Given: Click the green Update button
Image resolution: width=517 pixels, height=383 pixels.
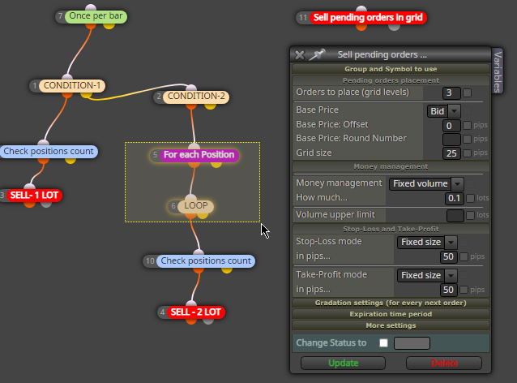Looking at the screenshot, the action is pyautogui.click(x=343, y=363).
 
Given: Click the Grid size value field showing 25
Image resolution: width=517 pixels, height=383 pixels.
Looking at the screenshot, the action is pyautogui.click(x=451, y=153).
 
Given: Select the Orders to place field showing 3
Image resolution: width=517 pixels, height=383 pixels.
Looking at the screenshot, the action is pyautogui.click(x=451, y=93).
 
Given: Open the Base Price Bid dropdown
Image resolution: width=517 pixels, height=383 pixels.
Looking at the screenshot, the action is pyautogui.click(x=443, y=111).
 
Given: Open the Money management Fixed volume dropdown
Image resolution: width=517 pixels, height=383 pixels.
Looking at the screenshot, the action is pyautogui.click(x=426, y=183).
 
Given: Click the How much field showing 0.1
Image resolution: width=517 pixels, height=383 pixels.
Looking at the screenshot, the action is pyautogui.click(x=455, y=198).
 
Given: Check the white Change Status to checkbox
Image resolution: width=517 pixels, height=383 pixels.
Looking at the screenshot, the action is pyautogui.click(x=383, y=343).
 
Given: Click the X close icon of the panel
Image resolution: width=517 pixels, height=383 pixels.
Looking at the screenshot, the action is pyautogui.click(x=300, y=55).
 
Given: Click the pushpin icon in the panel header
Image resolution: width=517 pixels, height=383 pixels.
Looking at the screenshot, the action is pyautogui.click(x=317, y=54).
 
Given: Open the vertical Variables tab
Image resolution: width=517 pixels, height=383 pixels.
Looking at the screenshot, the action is pyautogui.click(x=498, y=71).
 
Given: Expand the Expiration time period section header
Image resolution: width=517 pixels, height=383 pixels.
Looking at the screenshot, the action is pyautogui.click(x=391, y=314).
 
